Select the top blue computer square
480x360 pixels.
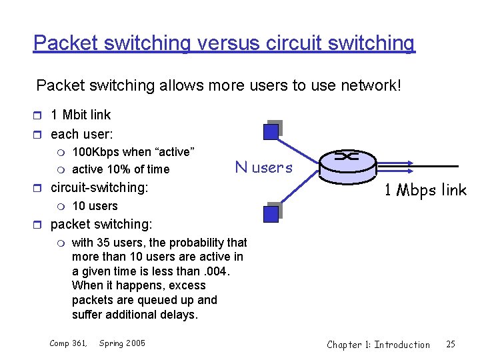tap(271, 131)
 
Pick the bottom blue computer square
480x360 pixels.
tap(271, 213)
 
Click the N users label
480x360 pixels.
tap(264, 167)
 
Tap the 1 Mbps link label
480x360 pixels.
tap(425, 190)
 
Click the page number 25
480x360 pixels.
tap(451, 344)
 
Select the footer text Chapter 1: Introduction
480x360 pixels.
tap(378, 344)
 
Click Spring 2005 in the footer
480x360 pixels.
tap(122, 343)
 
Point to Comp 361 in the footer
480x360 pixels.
tap(69, 343)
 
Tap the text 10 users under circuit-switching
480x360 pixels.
tap(95, 206)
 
